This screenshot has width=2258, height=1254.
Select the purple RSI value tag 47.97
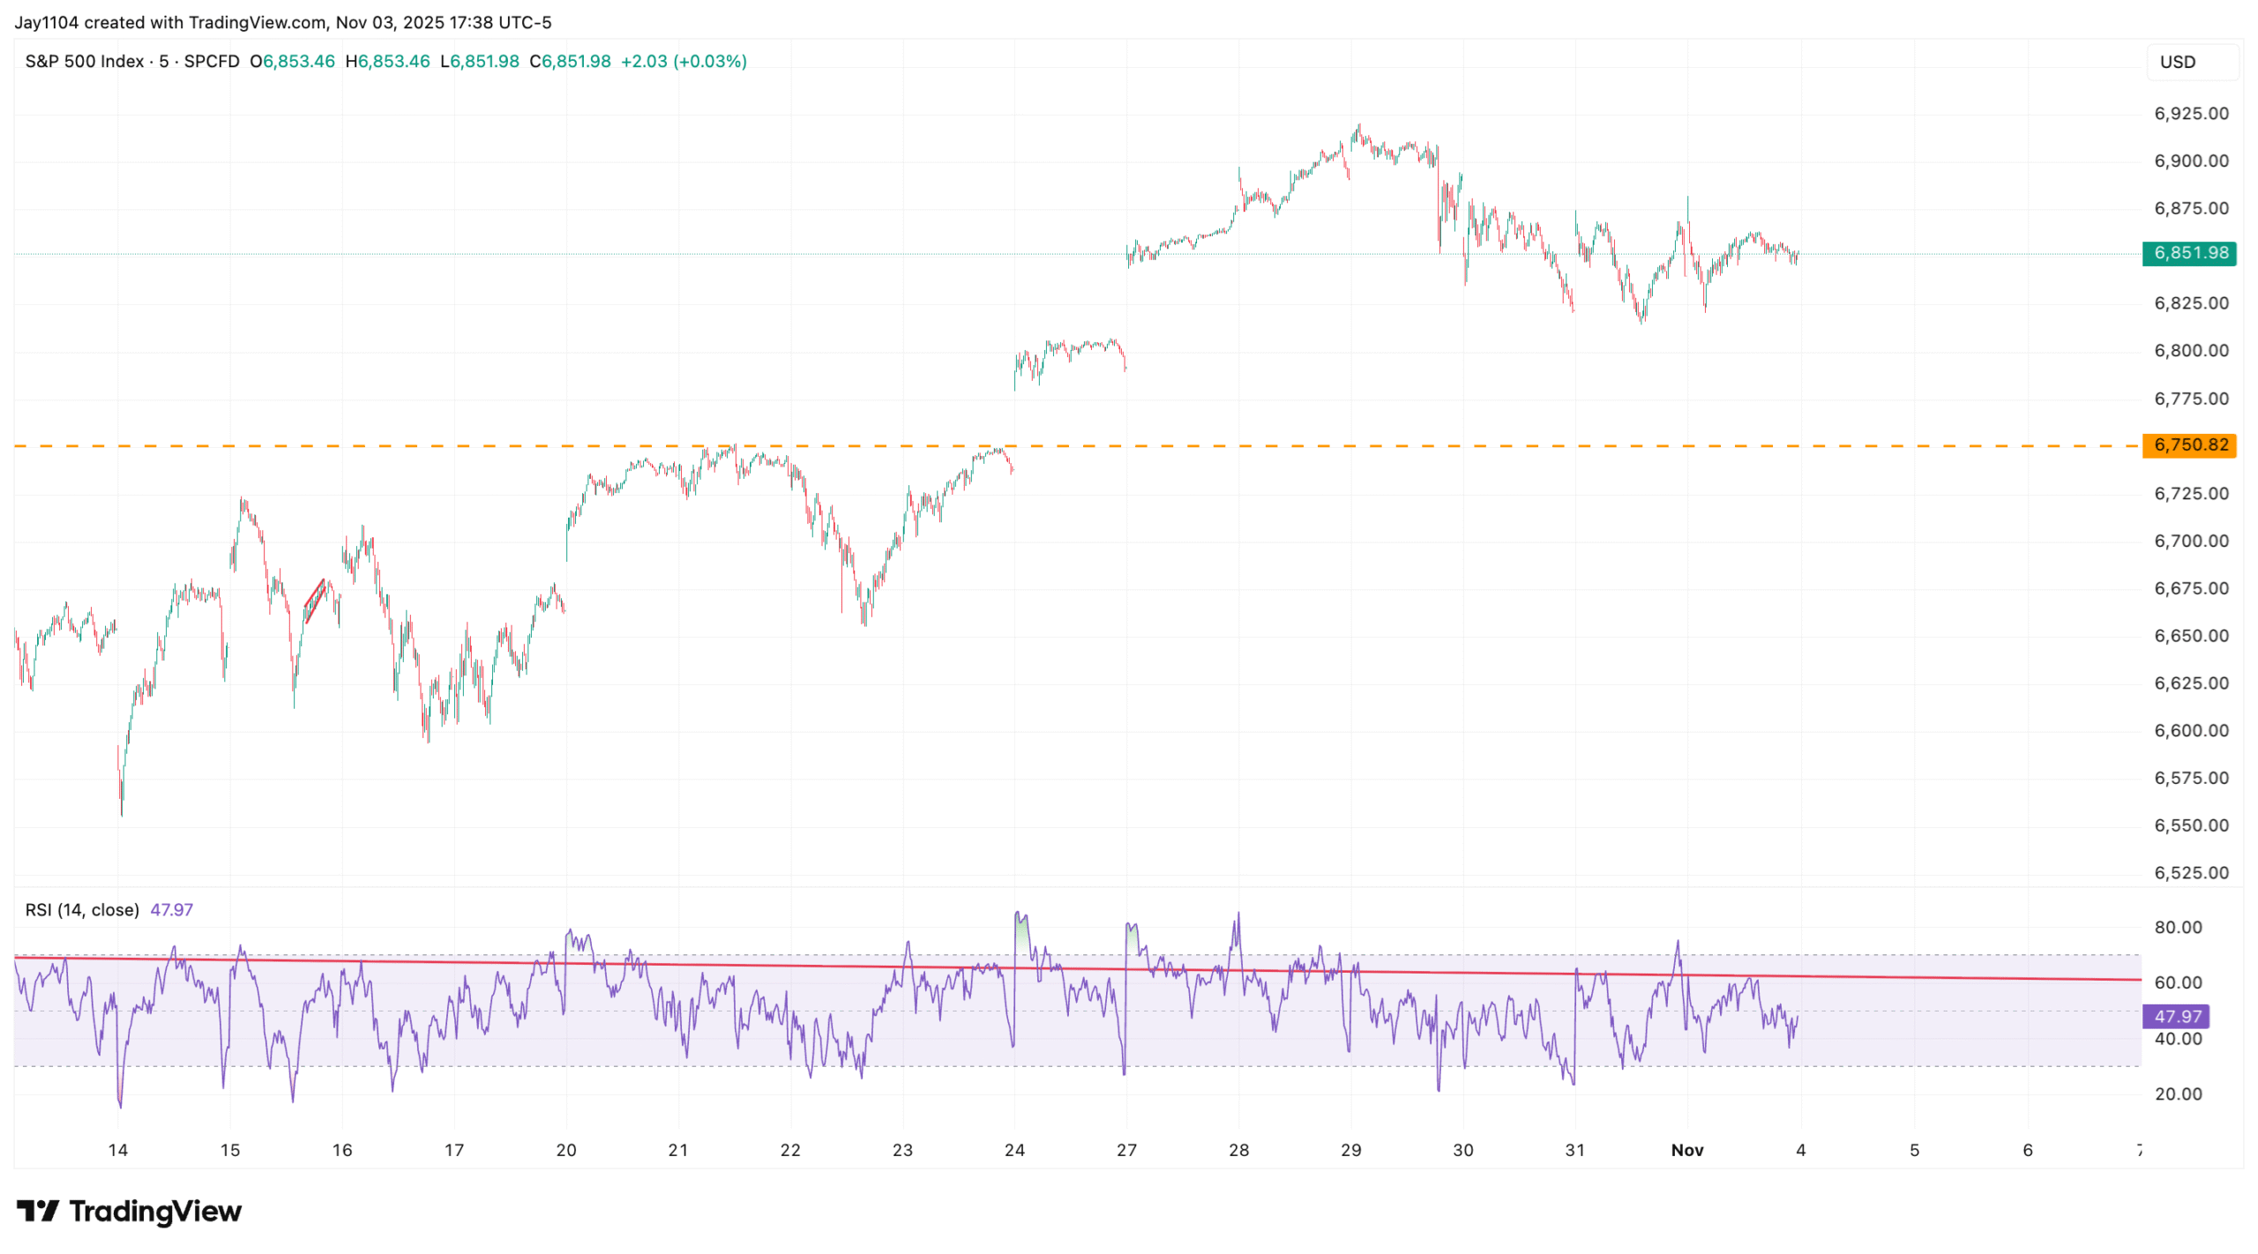pyautogui.click(x=2176, y=1016)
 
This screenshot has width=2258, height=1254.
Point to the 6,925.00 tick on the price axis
pyautogui.click(x=2190, y=113)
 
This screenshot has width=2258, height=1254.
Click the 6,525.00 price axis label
pyautogui.click(x=2190, y=872)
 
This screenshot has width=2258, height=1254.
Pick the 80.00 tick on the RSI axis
pyautogui.click(x=2178, y=927)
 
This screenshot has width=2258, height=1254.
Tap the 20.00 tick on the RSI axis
pyautogui.click(x=2178, y=1094)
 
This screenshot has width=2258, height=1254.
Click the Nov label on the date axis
pyautogui.click(x=1686, y=1149)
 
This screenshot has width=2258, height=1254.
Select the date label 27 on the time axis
pyautogui.click(x=1126, y=1149)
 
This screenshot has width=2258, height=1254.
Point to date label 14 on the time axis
pyautogui.click(x=117, y=1149)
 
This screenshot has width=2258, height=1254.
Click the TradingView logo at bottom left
pyautogui.click(x=129, y=1211)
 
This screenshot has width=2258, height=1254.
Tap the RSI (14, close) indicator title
pyautogui.click(x=82, y=909)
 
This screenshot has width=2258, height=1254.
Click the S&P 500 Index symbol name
pyautogui.click(x=84, y=61)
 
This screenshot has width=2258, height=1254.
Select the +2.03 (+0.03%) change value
pyautogui.click(x=684, y=61)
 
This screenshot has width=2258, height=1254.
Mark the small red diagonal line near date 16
pyautogui.click(x=314, y=600)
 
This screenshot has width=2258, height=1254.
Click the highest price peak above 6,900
pyautogui.click(x=1358, y=128)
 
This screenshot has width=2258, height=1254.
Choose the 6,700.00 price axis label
pyautogui.click(x=2190, y=541)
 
